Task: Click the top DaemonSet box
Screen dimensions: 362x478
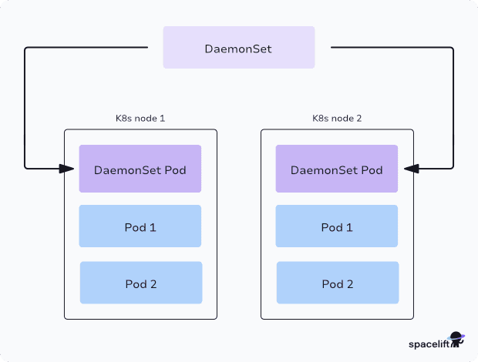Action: pyautogui.click(x=238, y=48)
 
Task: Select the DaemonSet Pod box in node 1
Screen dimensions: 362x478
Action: pyautogui.click(x=140, y=169)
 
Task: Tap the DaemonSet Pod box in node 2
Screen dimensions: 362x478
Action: pyautogui.click(x=337, y=169)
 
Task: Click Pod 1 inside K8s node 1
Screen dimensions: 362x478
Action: pyautogui.click(x=140, y=226)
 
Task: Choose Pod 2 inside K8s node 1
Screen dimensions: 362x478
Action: pyautogui.click(x=140, y=283)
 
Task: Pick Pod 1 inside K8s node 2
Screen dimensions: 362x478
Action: pyautogui.click(x=337, y=226)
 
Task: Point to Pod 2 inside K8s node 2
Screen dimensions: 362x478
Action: pyautogui.click(x=338, y=283)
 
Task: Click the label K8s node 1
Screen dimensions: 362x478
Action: pyautogui.click(x=140, y=119)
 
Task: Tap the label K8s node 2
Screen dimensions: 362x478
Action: pyautogui.click(x=337, y=119)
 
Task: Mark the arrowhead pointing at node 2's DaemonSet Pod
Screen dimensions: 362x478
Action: pyautogui.click(x=408, y=168)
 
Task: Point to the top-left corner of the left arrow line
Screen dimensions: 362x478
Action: pyautogui.click(x=26, y=49)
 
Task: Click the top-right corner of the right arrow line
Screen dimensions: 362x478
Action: pyautogui.click(x=453, y=49)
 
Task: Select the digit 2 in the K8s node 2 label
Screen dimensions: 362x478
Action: pyautogui.click(x=358, y=119)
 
